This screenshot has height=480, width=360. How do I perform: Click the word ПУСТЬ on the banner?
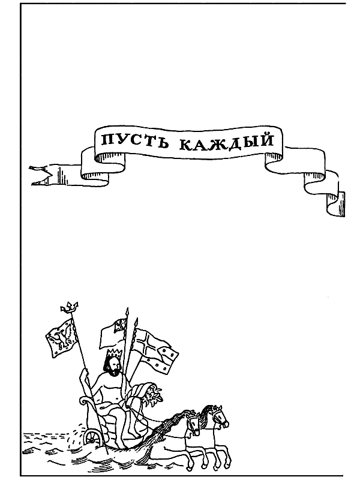pos(125,142)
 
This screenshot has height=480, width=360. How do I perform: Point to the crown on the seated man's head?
pos(113,354)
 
